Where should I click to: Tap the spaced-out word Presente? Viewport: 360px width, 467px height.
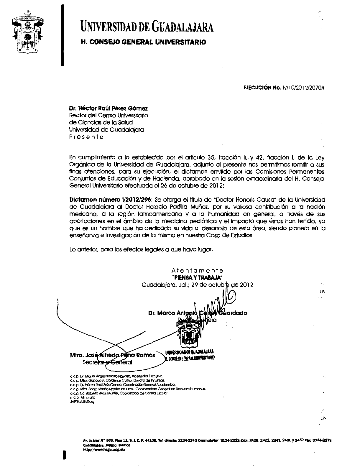click(x=86, y=137)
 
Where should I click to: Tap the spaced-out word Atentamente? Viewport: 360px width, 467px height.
click(x=197, y=270)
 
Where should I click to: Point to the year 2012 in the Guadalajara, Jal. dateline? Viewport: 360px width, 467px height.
click(x=246, y=285)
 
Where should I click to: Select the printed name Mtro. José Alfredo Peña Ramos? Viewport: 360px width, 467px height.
click(x=112, y=355)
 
